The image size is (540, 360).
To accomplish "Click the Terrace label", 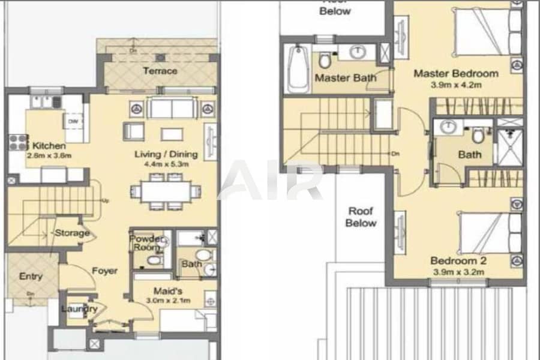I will pos(160,71).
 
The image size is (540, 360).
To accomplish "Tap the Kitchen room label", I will pos(49,146).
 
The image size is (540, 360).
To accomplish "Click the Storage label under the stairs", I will pos(72,233).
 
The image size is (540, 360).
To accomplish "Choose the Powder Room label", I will pos(146,243).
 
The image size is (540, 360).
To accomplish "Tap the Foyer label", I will pos(104,271).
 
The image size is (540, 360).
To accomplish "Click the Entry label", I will pos(31,276).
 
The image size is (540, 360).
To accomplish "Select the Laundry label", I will pos(79,309).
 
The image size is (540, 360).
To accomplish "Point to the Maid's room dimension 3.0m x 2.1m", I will pos(170,300).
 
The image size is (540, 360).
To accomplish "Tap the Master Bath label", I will pos(346,78).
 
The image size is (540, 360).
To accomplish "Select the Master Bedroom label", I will pos(456,74).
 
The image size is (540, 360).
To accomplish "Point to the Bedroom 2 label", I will pos(458,261).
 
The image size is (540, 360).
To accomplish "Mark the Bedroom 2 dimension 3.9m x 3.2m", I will pos(458,272).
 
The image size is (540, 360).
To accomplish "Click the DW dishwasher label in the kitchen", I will pos(73,121).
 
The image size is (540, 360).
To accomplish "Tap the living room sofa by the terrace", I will pos(172,109).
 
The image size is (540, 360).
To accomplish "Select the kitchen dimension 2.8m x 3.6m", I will pos(49,156).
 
